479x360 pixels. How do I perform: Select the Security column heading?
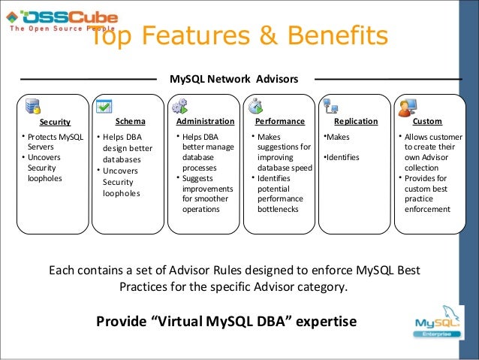[55, 121]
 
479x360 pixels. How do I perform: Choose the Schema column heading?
[130, 120]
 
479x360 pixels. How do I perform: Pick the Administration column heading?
[205, 120]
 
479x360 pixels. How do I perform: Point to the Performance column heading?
[280, 120]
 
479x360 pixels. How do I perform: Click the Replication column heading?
[355, 120]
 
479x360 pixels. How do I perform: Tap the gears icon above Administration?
[180, 105]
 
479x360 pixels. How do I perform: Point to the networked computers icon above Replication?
[330, 105]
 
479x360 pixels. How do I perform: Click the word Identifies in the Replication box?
[342, 159]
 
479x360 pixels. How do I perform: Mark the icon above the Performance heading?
[255, 105]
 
